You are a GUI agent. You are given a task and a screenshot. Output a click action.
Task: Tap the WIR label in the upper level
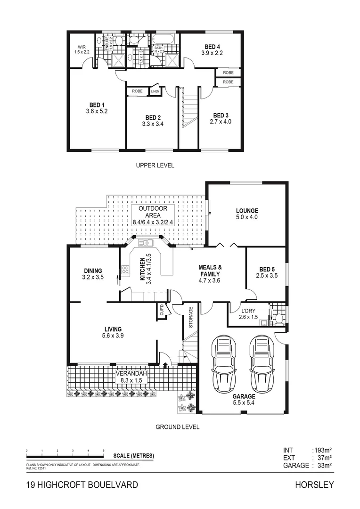(x=81, y=47)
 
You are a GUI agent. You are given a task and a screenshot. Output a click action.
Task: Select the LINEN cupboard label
(x=155, y=91)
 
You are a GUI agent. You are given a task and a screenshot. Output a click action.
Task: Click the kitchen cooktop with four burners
(x=125, y=270)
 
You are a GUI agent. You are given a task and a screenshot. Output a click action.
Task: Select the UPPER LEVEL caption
(x=155, y=165)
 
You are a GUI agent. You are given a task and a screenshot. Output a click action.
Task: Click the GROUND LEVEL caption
(x=177, y=427)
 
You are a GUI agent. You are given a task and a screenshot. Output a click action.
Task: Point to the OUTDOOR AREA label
(x=153, y=212)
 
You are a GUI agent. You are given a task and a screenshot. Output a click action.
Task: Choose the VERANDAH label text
(x=131, y=373)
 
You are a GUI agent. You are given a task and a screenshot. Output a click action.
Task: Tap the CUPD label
(x=161, y=311)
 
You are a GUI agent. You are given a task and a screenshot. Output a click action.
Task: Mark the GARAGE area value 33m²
(x=322, y=465)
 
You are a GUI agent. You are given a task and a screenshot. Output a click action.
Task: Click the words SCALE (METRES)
(x=133, y=456)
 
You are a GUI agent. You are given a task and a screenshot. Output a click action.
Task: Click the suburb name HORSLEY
(x=314, y=484)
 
